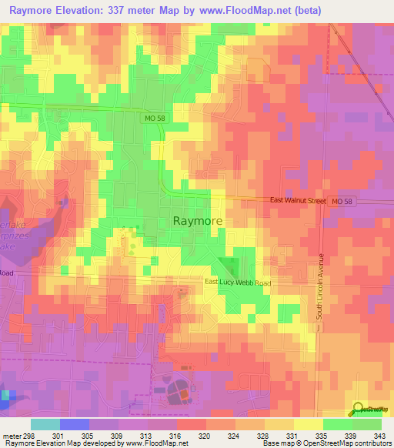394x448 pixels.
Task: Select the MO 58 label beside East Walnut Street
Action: (343, 200)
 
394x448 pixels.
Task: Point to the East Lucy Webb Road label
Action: (238, 283)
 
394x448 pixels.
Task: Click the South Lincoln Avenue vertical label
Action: (322, 286)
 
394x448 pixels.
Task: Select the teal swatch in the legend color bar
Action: (45, 424)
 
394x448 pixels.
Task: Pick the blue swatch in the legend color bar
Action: (75, 424)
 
